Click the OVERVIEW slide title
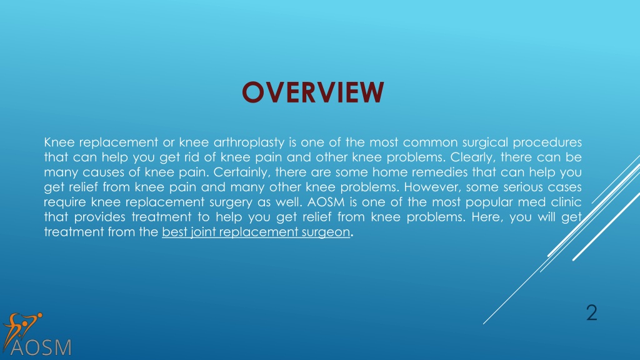(x=312, y=92)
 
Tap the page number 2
(x=591, y=312)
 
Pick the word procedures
(x=547, y=142)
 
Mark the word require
(x=65, y=202)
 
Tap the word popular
(x=489, y=202)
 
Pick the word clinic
(x=566, y=202)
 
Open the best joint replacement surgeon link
(x=256, y=232)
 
